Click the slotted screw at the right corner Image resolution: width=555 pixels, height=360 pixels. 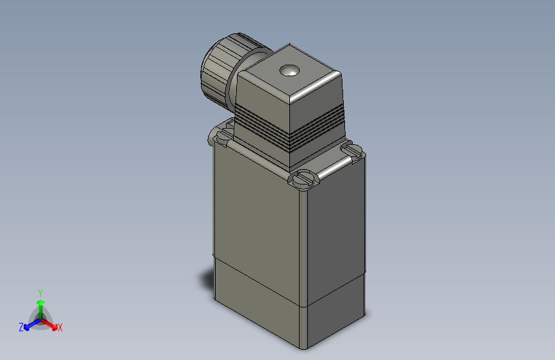353,151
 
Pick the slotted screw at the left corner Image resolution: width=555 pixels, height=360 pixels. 223,135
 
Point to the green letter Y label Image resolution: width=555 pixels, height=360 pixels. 40,292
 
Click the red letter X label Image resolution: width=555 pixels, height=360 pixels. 60,328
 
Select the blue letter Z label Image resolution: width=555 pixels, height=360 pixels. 20,327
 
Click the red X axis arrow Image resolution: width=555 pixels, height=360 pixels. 51,324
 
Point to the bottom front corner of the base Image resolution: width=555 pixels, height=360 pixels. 305,348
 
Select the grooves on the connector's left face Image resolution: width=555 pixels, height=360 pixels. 262,131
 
